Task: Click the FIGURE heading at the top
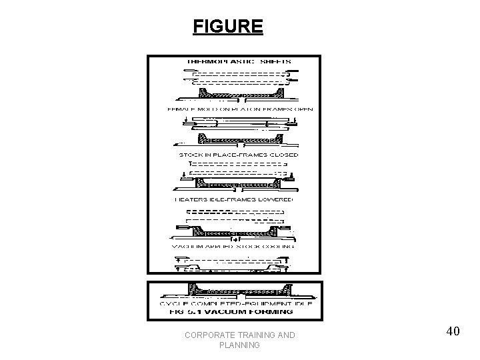[x=228, y=27]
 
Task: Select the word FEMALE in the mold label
[x=179, y=109]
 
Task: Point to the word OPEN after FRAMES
[x=303, y=109]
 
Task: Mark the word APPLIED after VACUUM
[x=219, y=246]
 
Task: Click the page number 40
[x=453, y=331]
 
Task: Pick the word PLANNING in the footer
[x=239, y=346]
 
